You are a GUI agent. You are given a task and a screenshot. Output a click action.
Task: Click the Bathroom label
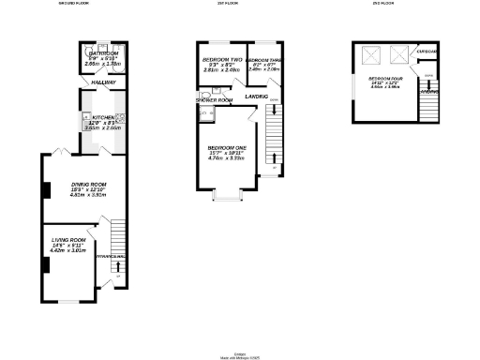(103, 54)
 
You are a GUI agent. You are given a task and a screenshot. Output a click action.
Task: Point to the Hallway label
(103, 83)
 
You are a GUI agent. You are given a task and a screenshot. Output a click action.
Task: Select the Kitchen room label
(102, 118)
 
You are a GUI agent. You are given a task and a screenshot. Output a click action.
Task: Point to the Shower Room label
(214, 99)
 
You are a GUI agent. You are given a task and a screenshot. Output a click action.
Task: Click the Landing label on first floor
(256, 97)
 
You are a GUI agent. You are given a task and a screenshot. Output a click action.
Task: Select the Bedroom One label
(226, 148)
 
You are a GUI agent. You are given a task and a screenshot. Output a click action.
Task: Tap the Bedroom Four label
(386, 79)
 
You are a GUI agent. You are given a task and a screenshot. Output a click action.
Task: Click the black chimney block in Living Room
(43, 264)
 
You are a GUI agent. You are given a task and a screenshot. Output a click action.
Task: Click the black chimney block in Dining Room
(43, 190)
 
